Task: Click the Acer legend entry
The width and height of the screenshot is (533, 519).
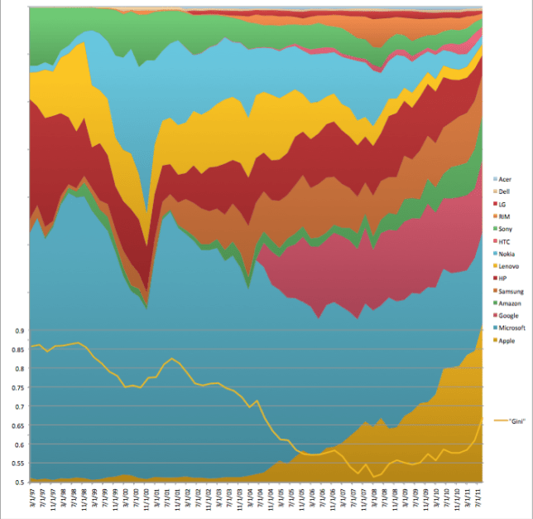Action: click(x=505, y=179)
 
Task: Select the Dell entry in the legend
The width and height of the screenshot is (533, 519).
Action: click(x=504, y=192)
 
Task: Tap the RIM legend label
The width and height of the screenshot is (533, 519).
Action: click(x=504, y=216)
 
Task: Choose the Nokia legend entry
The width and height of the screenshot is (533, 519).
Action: click(x=506, y=254)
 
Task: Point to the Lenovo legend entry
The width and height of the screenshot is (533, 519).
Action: click(x=508, y=265)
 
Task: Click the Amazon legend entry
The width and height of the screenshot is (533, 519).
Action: click(x=509, y=303)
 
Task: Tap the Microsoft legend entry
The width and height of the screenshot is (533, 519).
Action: click(x=511, y=328)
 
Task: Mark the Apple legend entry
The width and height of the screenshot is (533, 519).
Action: click(x=507, y=341)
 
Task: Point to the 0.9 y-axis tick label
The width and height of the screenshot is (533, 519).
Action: click(x=16, y=331)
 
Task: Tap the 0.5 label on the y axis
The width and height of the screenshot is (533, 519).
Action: click(x=16, y=482)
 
